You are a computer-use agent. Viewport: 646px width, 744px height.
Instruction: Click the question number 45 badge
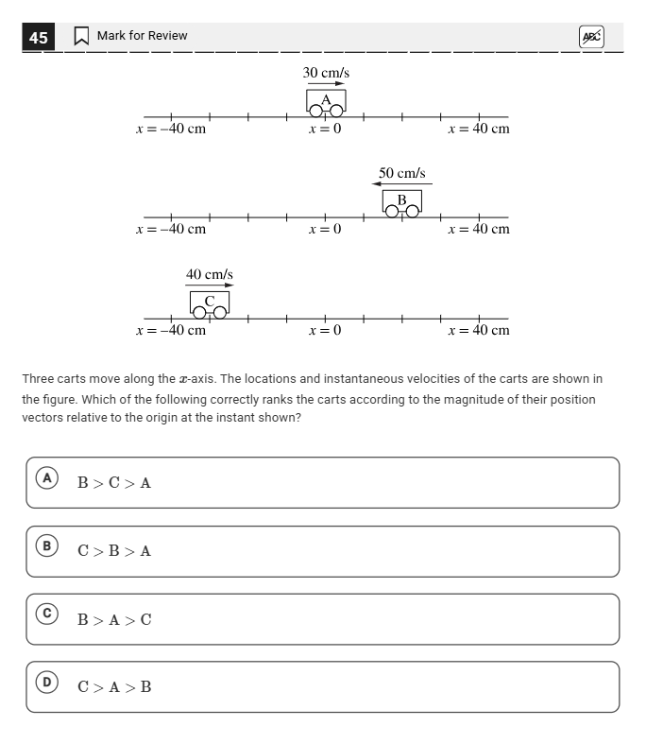coord(38,37)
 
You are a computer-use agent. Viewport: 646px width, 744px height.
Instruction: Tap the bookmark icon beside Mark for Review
coord(81,36)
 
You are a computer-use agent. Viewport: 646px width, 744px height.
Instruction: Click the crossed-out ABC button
coord(590,37)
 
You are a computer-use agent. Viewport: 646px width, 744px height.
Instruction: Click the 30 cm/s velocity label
coord(326,73)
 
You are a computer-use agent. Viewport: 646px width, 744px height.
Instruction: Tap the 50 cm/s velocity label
coord(402,173)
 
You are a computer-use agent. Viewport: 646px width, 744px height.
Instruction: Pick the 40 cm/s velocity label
coord(209,274)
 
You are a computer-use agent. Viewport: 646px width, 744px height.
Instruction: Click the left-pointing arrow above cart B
coord(402,184)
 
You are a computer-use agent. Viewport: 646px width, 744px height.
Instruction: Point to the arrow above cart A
coord(326,84)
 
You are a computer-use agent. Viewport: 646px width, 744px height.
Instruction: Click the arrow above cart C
coord(210,285)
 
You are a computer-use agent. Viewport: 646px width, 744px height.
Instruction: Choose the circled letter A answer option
coord(45,478)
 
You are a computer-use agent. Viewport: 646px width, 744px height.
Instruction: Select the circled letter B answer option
coord(45,546)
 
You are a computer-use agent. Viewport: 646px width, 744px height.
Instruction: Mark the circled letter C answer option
coord(45,614)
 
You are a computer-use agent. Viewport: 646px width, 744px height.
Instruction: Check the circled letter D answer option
coord(45,683)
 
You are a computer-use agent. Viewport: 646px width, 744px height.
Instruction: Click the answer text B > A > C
coord(114,620)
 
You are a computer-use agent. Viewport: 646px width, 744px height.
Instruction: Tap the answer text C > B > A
coord(114,551)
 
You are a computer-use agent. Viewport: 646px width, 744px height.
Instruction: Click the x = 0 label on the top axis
coord(325,129)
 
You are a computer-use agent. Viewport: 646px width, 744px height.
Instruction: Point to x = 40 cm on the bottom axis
coord(479,330)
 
